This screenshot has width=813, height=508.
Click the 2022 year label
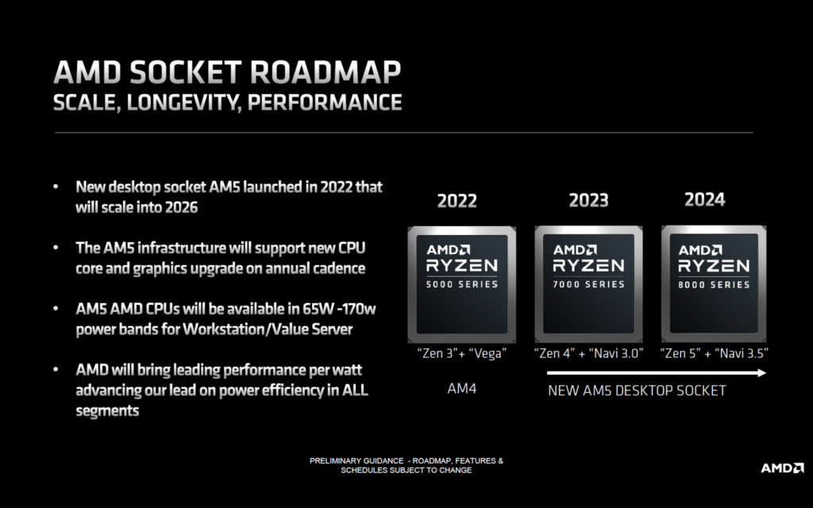457,201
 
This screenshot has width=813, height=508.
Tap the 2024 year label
705,199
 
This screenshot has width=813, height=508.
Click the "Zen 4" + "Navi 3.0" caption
589,353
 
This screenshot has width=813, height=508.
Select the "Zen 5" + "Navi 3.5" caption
715,353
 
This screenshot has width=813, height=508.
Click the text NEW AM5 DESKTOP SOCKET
637,391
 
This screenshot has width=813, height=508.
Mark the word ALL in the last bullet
354,391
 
